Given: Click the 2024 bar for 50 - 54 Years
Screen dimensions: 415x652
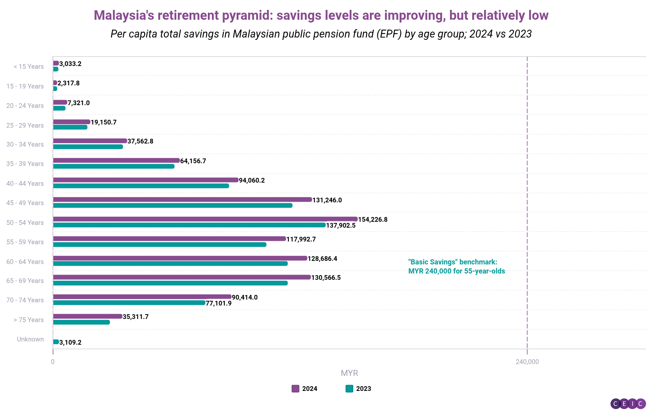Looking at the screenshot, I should coord(205,219).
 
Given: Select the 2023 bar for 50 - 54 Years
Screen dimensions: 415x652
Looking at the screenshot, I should coord(189,225).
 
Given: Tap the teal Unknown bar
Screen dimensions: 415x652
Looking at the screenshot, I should coord(56,342).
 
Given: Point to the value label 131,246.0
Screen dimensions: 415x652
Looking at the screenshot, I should coord(327,200).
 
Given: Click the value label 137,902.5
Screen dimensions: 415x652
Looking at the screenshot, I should coord(341,225).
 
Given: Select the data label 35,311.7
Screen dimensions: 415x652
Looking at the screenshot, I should coord(136,317).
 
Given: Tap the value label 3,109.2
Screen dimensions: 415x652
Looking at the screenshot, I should coord(70,342).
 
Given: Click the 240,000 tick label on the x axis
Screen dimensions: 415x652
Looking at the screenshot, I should coord(527,362).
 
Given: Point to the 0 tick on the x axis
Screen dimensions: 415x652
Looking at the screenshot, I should coord(53,362).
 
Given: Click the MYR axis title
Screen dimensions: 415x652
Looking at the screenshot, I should coord(349,373).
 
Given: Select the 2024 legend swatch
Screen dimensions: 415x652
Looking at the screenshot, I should coord(295,389).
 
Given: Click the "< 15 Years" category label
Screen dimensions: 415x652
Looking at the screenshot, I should coord(28,66).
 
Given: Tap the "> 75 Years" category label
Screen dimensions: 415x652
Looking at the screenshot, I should coord(28,320).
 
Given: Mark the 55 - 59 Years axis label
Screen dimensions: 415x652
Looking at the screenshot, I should coord(25,242).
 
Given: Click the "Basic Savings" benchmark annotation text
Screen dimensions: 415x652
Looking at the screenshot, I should coord(456,266).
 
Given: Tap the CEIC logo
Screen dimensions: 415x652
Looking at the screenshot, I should coord(628,404).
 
